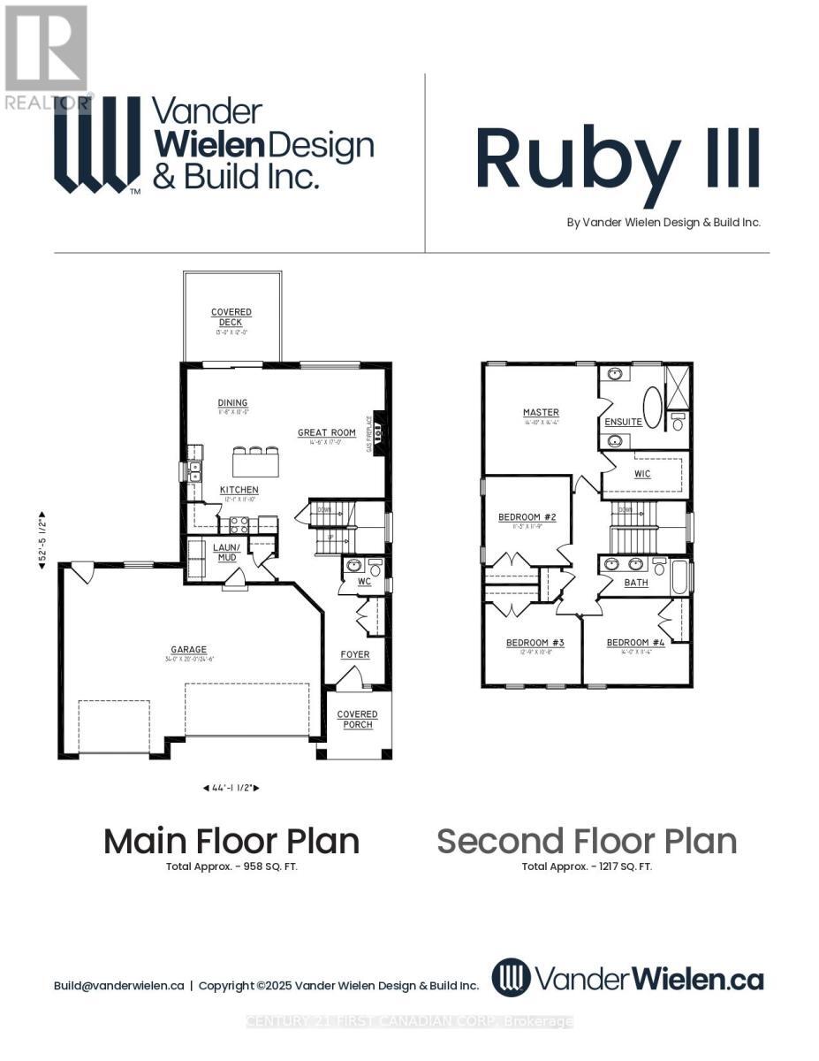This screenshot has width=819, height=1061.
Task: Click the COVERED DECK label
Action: pyautogui.click(x=231, y=317)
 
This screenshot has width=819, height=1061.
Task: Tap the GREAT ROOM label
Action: pyautogui.click(x=326, y=433)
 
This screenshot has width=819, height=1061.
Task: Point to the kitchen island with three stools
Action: pyautogui.click(x=255, y=461)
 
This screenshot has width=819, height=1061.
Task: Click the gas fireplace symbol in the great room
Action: pyautogui.click(x=379, y=434)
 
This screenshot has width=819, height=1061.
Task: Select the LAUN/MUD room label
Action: pyautogui.click(x=224, y=553)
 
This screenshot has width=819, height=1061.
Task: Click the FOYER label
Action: pyautogui.click(x=355, y=654)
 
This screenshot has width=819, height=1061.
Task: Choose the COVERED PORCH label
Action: pyautogui.click(x=357, y=719)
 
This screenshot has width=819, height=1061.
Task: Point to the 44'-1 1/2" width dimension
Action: pyautogui.click(x=231, y=787)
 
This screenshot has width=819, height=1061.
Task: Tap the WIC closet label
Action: pyautogui.click(x=642, y=474)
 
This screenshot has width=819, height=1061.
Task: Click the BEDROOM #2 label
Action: pyautogui.click(x=527, y=517)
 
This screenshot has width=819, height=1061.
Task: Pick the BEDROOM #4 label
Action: pyautogui.click(x=635, y=643)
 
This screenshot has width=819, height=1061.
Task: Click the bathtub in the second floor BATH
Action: pyautogui.click(x=681, y=576)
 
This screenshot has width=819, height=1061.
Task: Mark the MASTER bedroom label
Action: pyautogui.click(x=541, y=413)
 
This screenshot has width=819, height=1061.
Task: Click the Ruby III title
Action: pyautogui.click(x=617, y=159)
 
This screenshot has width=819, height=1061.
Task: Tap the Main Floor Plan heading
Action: pyautogui.click(x=231, y=841)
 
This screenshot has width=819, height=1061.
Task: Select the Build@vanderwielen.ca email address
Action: pyautogui.click(x=118, y=985)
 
